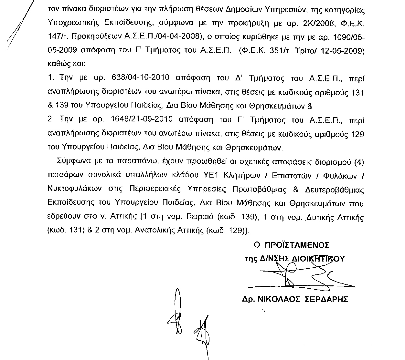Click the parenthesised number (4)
coord(359,162)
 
